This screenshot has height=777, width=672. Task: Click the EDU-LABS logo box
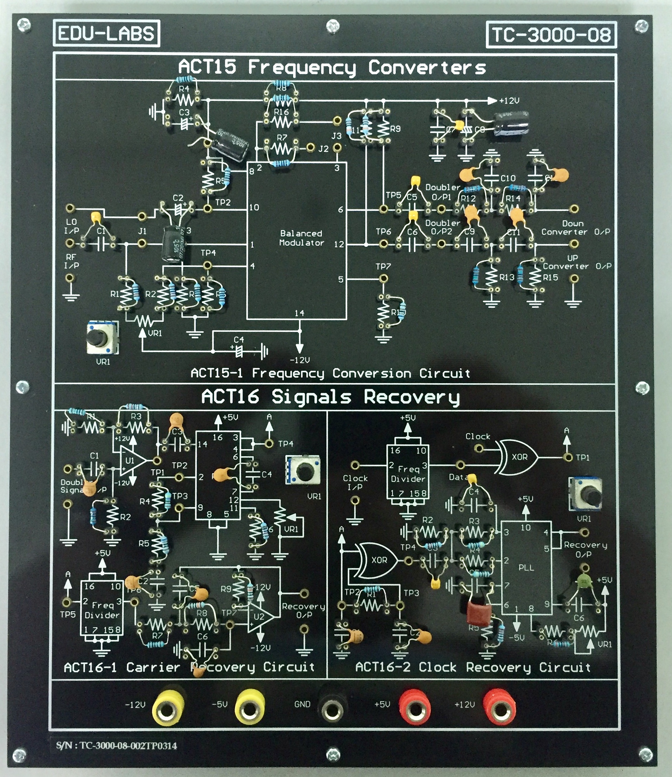tap(107, 33)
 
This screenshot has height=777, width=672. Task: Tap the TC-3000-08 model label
tap(551, 35)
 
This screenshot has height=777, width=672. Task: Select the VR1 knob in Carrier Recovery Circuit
tap(303, 469)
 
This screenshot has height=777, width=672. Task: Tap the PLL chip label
tap(526, 567)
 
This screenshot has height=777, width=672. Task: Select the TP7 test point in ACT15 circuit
tap(383, 279)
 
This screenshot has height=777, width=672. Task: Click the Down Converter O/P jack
tap(574, 209)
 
